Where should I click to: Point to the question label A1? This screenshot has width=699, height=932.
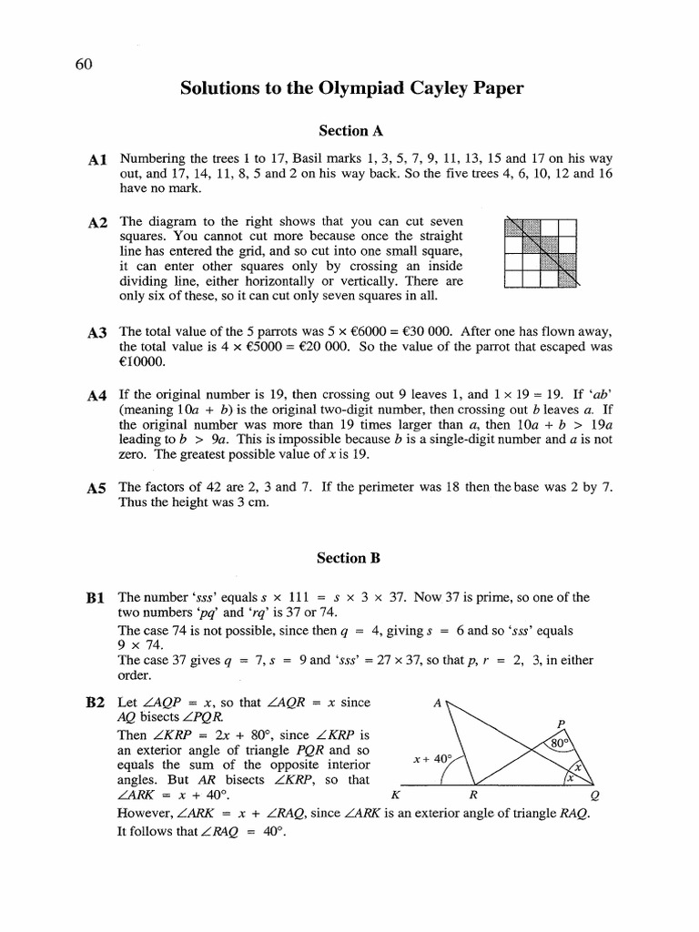[x=98, y=160]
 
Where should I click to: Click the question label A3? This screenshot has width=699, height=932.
[x=98, y=334]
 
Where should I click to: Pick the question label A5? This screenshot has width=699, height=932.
[x=98, y=489]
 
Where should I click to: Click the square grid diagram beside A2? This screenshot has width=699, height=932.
[x=541, y=253]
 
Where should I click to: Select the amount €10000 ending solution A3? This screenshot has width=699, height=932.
[x=143, y=361]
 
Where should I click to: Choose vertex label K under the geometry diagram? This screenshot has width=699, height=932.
[x=393, y=794]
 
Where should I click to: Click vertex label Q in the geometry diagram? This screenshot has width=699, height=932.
[x=595, y=794]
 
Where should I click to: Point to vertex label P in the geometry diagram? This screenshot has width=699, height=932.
[x=561, y=724]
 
